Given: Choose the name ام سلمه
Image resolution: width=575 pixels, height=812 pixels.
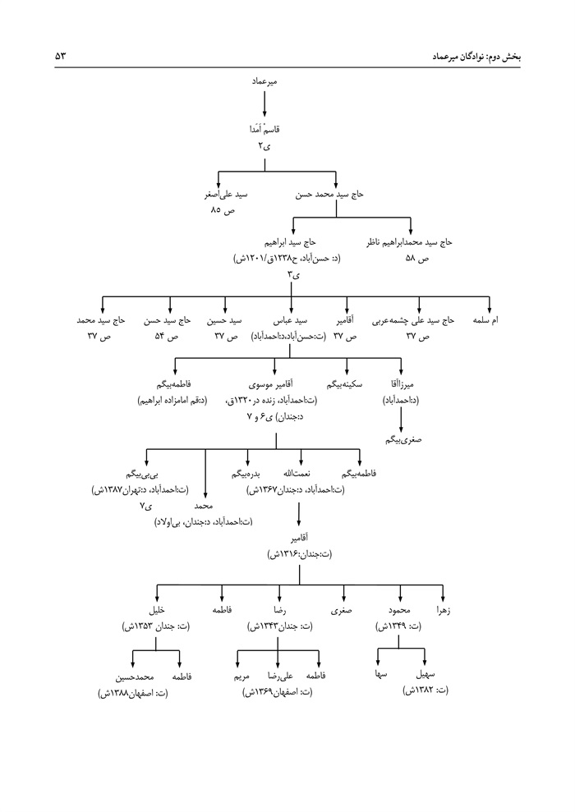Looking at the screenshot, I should tap(489, 321).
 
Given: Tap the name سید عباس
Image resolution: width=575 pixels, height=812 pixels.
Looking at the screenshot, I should tap(289, 321).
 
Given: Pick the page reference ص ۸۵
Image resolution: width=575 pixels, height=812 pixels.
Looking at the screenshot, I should tap(222, 211).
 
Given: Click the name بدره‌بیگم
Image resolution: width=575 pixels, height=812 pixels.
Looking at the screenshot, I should tap(246, 474).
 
